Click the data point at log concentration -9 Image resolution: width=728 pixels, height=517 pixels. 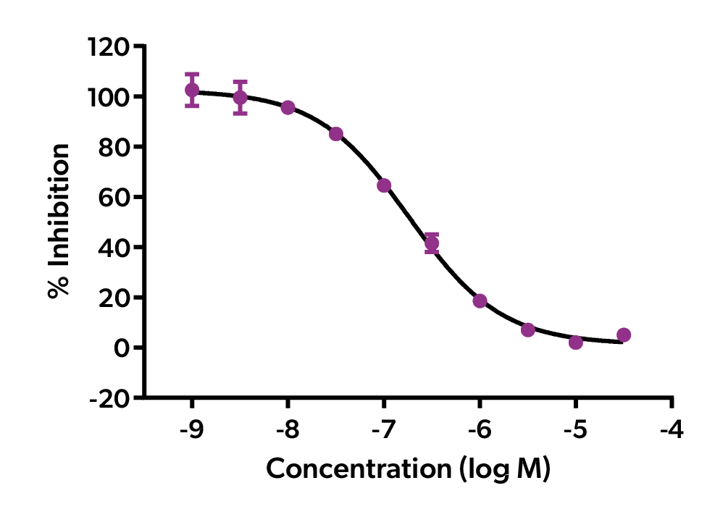[x=192, y=90]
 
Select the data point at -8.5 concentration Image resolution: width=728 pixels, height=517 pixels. [x=240, y=97]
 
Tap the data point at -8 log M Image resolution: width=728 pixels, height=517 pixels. [x=288, y=107]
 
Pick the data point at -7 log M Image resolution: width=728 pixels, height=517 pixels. [x=384, y=185]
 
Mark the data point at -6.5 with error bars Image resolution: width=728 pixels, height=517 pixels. [x=432, y=243]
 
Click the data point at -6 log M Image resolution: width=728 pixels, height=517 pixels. [x=480, y=300]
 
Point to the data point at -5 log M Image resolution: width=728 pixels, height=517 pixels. [x=576, y=342]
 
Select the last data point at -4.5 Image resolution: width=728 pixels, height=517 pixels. [x=624, y=335]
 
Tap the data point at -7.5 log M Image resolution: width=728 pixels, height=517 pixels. [x=335, y=134]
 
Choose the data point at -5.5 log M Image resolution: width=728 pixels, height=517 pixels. [x=528, y=329]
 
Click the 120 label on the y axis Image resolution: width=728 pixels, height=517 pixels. [x=108, y=47]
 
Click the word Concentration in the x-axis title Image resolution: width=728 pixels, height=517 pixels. [x=358, y=468]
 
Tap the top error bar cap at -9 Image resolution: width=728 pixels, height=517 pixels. [x=192, y=74]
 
